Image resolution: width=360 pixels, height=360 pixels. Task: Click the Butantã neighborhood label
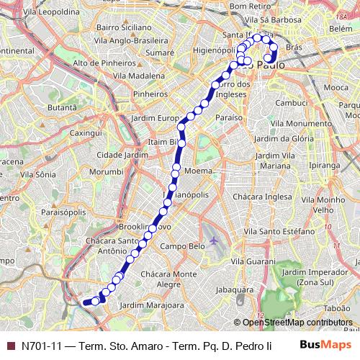tap(61, 107)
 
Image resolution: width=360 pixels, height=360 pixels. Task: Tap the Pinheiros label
tap(150, 93)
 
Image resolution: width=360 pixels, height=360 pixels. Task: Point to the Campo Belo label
tap(179, 246)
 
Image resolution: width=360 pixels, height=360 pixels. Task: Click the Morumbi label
tap(106, 171)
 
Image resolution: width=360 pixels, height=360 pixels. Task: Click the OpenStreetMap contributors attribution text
tap(297, 323)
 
